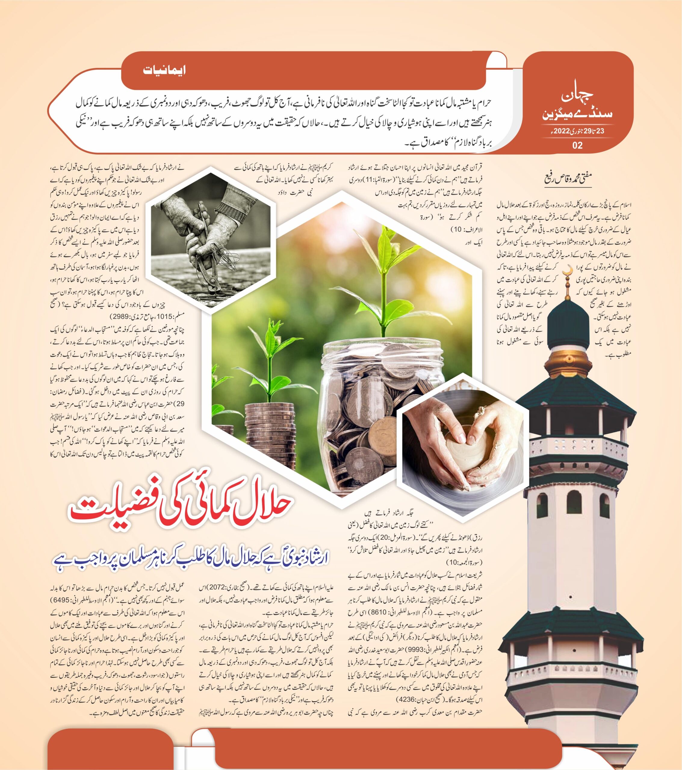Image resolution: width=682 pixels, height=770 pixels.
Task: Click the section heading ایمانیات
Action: (x=164, y=70)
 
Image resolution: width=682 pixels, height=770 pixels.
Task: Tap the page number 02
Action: (x=577, y=145)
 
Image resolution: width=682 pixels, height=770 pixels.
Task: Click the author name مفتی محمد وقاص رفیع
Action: (x=567, y=177)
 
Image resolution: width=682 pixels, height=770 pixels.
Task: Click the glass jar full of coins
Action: (x=377, y=407)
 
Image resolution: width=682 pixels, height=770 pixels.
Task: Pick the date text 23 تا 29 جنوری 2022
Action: (x=577, y=131)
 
